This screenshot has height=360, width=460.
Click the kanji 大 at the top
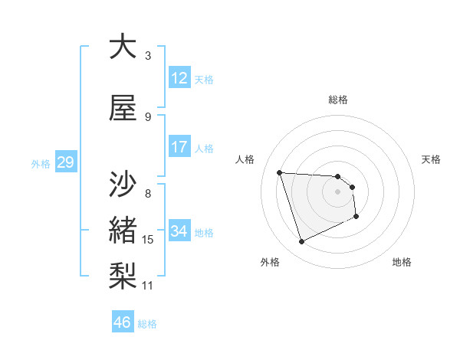coord(122,47)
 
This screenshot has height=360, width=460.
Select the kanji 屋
coord(122,108)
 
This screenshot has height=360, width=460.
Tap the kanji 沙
coord(122,185)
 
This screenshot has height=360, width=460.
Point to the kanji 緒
coord(122,229)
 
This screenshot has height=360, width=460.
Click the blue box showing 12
coord(179,78)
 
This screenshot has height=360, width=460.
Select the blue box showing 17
coord(179,147)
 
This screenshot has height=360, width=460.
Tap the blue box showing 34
coord(179,231)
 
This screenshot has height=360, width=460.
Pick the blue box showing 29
coord(65,162)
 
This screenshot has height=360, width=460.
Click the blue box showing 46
coord(123,322)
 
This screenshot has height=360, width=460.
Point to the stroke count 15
coord(148,241)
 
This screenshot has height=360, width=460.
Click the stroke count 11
coord(148,286)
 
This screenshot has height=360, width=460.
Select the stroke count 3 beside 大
coord(148,56)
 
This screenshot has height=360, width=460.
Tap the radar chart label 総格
coord(338,100)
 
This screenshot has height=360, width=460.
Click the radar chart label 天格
coord(431,159)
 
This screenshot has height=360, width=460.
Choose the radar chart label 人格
coord(245,159)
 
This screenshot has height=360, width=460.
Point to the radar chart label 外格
coord(269,263)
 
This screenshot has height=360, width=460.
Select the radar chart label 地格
coord(402,263)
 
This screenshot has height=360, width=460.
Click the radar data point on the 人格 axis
coord(280,172)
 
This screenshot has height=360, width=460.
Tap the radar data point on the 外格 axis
coord(301,242)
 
